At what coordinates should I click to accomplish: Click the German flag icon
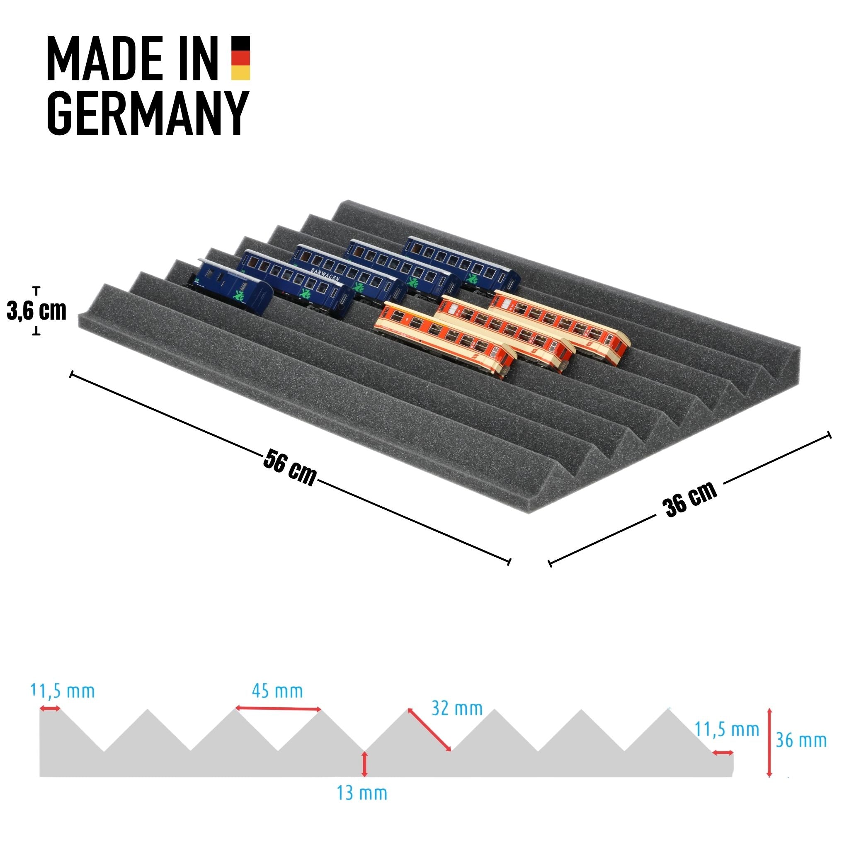240,58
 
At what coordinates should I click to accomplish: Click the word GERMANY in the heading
148,113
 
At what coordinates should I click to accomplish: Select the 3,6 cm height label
36,311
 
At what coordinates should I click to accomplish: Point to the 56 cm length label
290,466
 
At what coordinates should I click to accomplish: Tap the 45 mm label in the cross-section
277,691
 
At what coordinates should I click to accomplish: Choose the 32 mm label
457,708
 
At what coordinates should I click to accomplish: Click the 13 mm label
361,793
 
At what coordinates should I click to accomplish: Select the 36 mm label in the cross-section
801,740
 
